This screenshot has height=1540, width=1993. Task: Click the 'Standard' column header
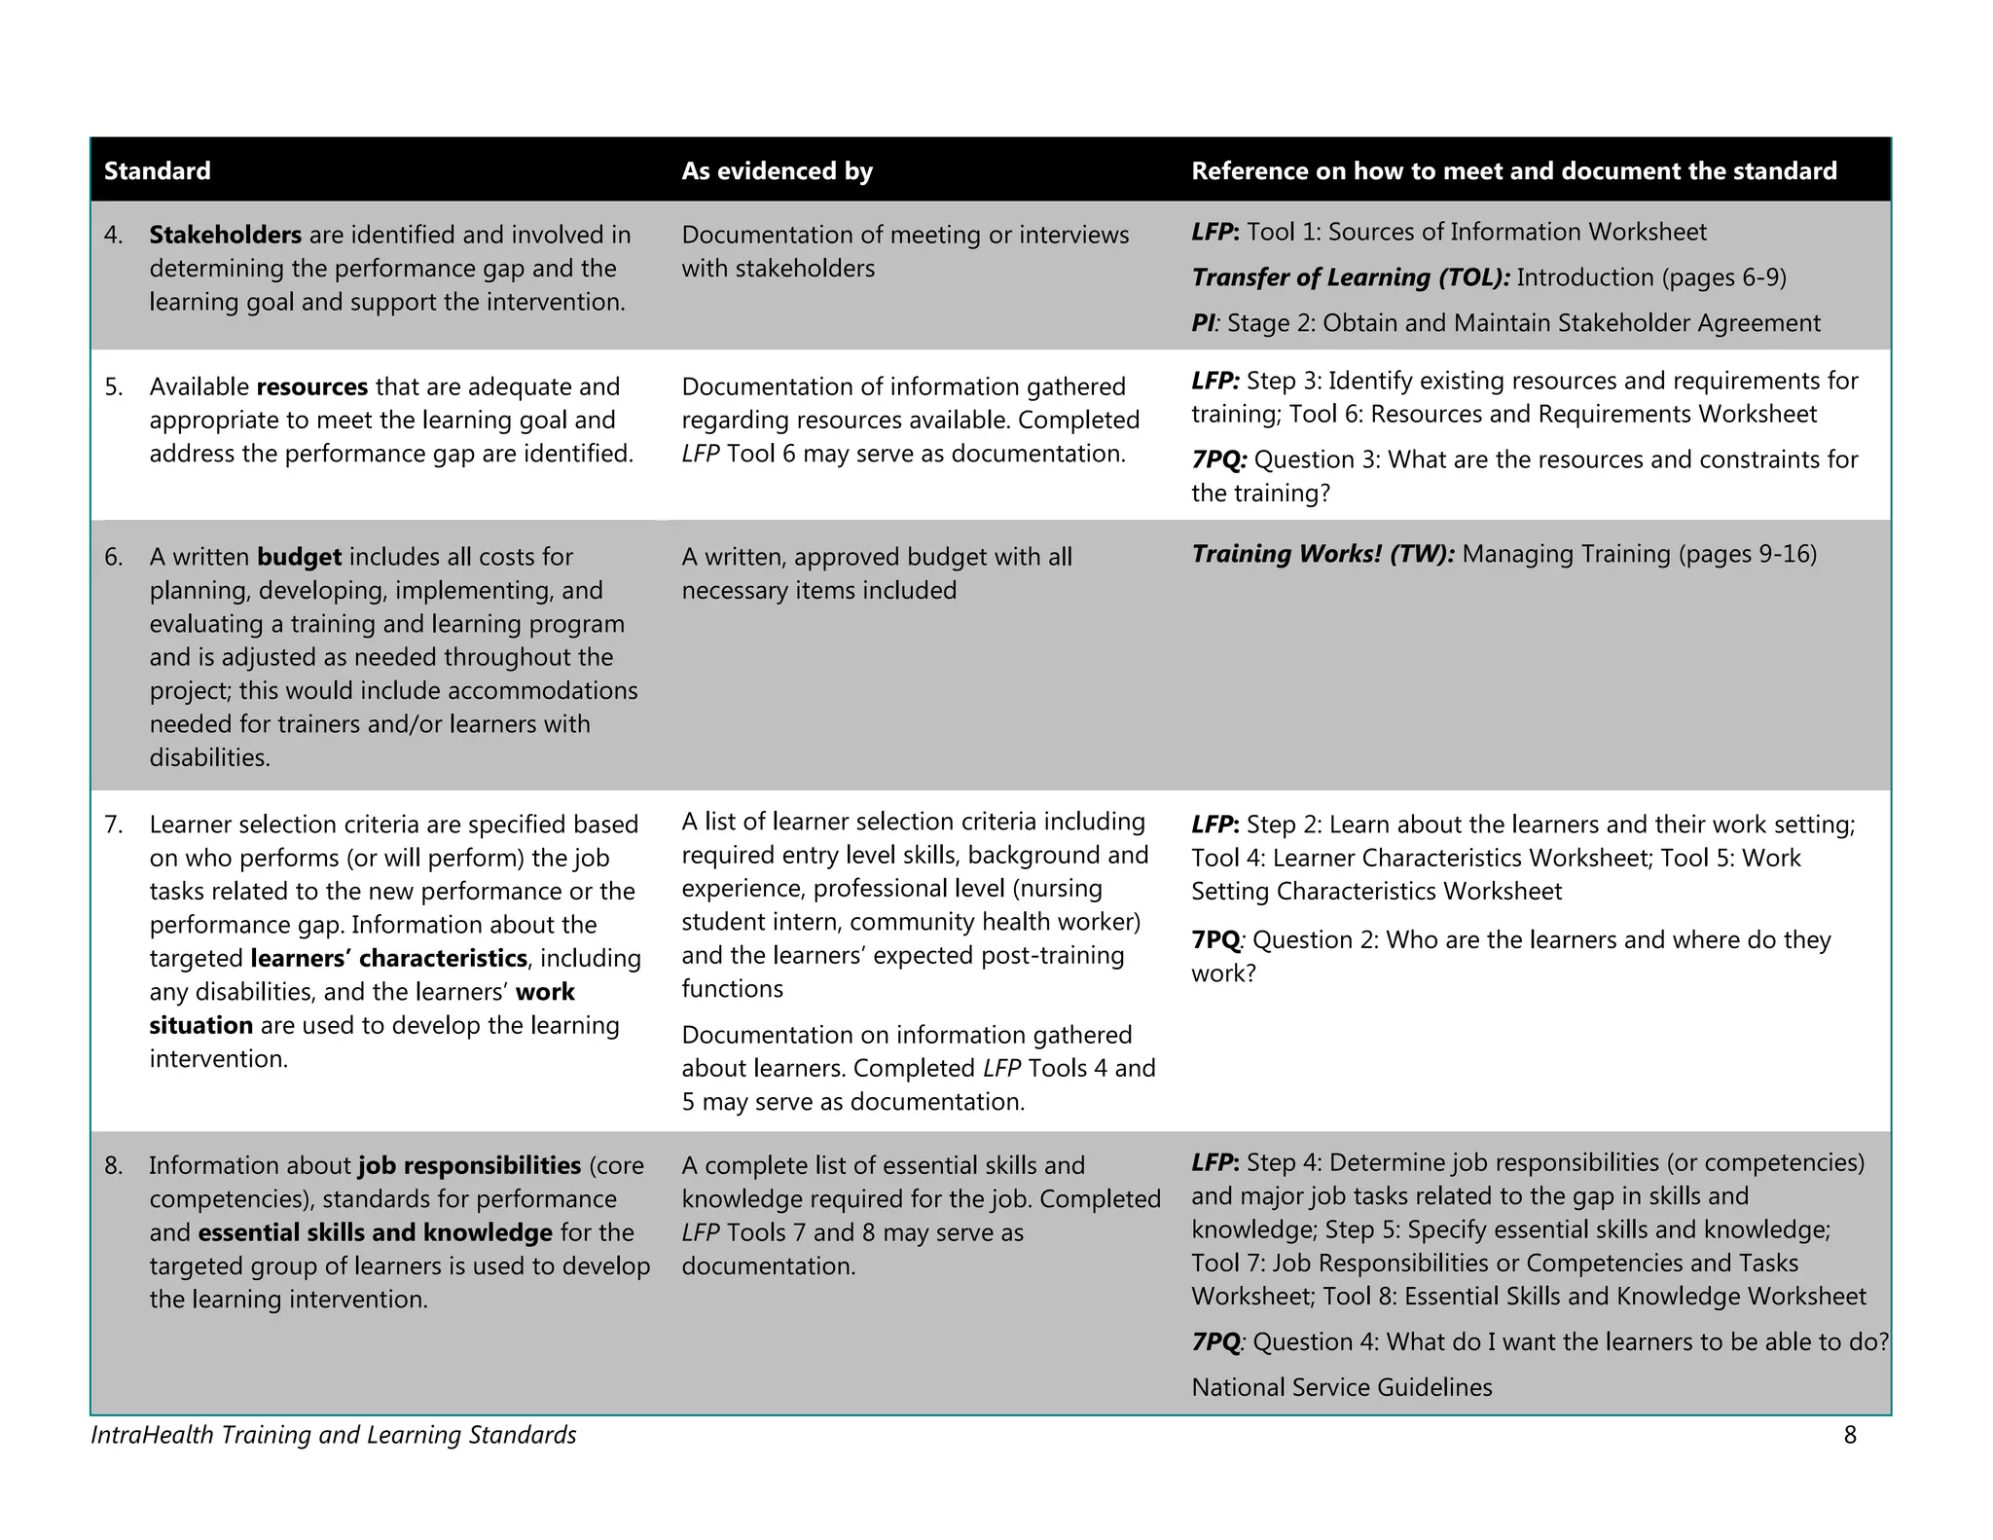157,171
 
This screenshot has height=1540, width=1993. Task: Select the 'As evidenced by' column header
777,171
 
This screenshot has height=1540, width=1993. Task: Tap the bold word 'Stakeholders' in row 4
225,236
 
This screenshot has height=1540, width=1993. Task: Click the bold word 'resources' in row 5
311,387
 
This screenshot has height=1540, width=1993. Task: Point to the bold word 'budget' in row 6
299,558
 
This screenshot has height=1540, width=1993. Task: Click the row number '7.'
114,825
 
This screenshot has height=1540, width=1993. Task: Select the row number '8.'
114,1166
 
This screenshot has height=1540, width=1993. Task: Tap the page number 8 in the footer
1850,1435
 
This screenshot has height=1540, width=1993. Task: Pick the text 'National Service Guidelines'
1341,1388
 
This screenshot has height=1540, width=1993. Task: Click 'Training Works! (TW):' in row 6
1323,555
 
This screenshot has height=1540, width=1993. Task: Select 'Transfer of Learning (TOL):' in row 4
1350,278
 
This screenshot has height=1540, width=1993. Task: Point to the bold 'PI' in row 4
1203,324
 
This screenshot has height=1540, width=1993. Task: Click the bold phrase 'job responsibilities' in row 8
469,1166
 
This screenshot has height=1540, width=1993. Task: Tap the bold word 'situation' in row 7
200,1026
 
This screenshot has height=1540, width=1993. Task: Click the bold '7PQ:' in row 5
1218,460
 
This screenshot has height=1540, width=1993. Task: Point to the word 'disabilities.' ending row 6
209,758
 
